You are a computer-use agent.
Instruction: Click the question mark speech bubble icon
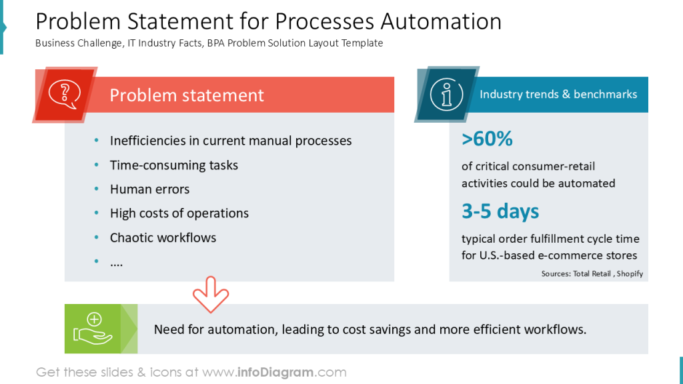[65, 94]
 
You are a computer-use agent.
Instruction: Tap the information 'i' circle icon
[446, 94]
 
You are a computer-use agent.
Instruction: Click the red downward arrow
[211, 294]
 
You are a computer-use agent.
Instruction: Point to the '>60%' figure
[487, 139]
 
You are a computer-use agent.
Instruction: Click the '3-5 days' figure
[500, 211]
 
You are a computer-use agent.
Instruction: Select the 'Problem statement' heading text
[187, 95]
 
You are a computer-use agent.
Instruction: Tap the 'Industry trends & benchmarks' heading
[558, 94]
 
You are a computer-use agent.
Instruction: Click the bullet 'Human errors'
[149, 189]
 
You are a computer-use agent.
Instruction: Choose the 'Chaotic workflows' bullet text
[163, 237]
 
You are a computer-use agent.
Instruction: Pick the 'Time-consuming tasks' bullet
[173, 165]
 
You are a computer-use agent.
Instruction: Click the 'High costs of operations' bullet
[179, 213]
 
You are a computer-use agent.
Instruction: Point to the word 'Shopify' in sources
[630, 273]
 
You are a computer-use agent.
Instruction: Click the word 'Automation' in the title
[441, 22]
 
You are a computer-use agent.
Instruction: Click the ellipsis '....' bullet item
[116, 262]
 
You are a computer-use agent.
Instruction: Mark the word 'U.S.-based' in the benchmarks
[516, 255]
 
